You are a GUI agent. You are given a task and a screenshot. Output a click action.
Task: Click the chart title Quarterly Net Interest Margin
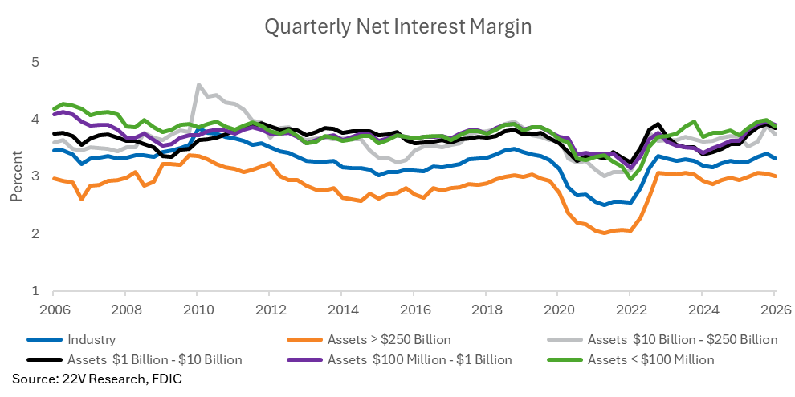398,27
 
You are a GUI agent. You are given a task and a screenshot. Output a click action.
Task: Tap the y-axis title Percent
16,176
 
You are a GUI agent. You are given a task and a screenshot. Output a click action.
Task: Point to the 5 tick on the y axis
35,63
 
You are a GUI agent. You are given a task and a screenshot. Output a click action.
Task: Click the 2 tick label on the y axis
35,233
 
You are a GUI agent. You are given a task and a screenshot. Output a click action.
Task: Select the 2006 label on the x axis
53,309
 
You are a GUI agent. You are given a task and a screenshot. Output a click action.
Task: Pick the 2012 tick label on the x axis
269,309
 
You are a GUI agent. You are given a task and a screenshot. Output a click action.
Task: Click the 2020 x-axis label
557,309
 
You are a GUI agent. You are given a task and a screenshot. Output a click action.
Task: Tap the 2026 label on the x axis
774,309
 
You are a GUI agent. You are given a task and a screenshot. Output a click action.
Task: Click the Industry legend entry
71,340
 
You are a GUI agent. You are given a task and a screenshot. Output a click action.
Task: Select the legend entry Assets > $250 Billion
369,340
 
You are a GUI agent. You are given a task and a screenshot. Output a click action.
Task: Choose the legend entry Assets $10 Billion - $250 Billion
662,340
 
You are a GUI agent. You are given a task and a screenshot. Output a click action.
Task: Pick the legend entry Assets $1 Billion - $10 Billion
134,360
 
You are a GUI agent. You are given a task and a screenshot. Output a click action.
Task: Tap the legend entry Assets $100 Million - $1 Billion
399,360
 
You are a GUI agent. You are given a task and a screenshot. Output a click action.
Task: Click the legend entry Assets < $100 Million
630,360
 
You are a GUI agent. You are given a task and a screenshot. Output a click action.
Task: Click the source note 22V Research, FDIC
96,379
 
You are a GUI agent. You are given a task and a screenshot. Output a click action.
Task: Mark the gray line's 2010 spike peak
198,84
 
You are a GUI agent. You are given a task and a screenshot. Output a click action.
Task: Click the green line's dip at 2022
630,179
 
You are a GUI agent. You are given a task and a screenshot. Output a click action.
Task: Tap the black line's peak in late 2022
658,124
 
